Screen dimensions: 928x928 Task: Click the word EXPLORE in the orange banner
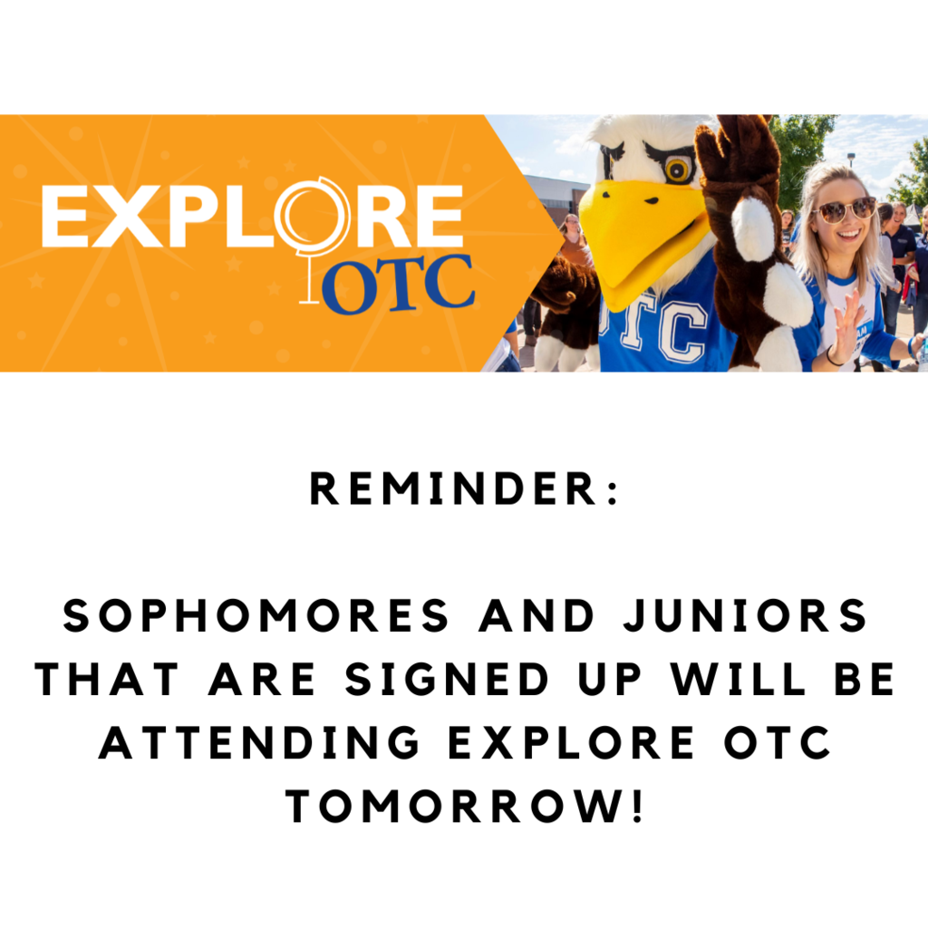tap(252, 216)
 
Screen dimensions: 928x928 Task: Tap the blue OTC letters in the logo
tap(398, 285)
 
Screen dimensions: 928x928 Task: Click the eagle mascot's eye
tap(677, 169)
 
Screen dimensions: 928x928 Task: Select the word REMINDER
tap(453, 488)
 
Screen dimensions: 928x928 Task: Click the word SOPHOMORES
tap(256, 615)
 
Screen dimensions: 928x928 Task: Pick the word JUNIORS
tap(745, 615)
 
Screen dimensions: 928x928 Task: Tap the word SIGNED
tap(448, 679)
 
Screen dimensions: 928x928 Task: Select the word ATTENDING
tap(259, 742)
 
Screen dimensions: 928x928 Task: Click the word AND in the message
tap(536, 615)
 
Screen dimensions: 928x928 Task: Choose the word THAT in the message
tap(107, 679)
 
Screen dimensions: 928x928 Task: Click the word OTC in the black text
tap(777, 742)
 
